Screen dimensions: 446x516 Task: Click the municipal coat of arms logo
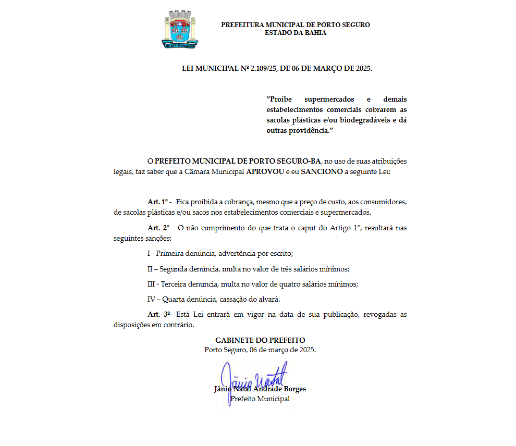[179, 30]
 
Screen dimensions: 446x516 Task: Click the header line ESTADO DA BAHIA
[296, 33]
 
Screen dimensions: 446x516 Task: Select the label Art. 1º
[159, 202]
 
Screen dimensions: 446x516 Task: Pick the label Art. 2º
[158, 228]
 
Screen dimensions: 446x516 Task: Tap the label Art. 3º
[159, 314]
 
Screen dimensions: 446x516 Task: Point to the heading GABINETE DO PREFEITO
[260, 340]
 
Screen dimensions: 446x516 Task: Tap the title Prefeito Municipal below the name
[260, 399]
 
